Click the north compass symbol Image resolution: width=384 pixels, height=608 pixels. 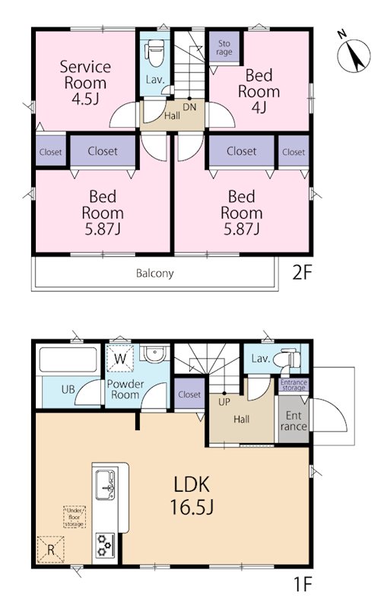(354, 55)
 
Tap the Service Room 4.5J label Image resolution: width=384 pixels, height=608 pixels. (85, 83)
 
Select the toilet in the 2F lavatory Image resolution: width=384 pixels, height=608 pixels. (154, 52)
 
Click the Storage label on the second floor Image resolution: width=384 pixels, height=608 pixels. (224, 48)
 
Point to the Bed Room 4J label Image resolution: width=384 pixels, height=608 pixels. (259, 91)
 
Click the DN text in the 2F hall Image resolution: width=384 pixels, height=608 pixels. (189, 107)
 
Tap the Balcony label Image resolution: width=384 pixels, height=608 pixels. (154, 274)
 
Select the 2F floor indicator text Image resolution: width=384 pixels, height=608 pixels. (302, 274)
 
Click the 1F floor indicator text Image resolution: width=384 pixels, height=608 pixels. (302, 584)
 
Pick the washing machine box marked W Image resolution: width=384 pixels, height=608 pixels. (120, 358)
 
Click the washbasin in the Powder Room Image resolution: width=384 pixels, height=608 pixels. (154, 353)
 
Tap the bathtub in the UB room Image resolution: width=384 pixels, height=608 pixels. (68, 359)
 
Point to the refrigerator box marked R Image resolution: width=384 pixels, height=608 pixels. (50, 549)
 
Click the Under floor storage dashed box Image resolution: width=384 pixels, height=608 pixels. (74, 517)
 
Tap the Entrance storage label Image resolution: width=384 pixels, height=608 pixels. (294, 385)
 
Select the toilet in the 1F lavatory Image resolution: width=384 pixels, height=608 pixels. (287, 359)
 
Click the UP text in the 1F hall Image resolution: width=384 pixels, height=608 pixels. (224, 402)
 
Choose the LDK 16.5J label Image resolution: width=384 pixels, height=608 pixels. (192, 496)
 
